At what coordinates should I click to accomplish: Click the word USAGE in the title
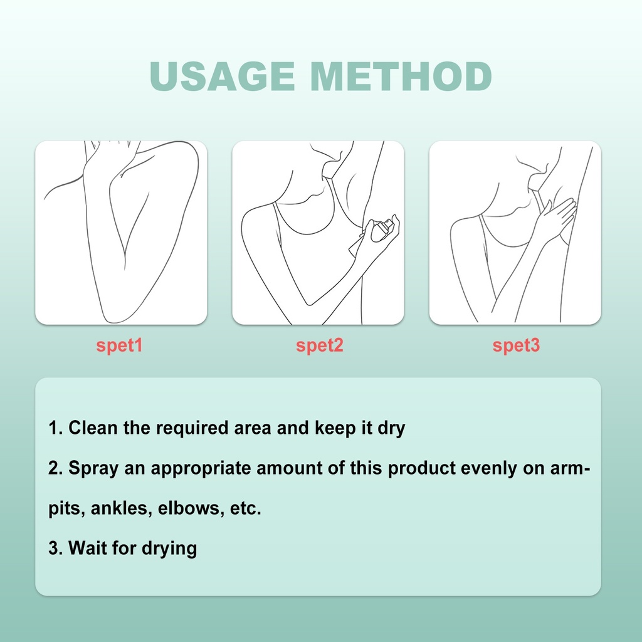tap(222, 76)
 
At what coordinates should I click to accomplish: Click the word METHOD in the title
tap(401, 76)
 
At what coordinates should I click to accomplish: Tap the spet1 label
tap(119, 345)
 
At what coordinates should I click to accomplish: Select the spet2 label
tap(319, 345)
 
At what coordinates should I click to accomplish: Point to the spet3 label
tap(516, 345)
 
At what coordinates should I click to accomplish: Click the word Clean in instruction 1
tap(93, 428)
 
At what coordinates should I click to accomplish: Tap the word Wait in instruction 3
tap(88, 548)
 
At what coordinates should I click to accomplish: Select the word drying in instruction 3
tap(169, 549)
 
